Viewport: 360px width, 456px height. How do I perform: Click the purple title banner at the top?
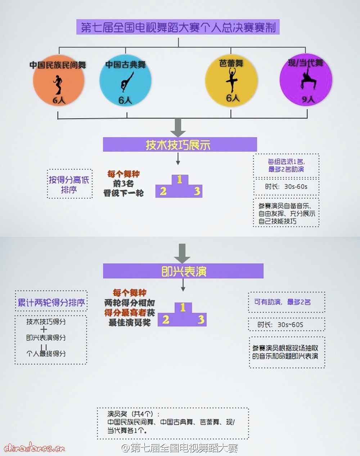(178, 27)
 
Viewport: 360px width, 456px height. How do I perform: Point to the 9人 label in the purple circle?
(308, 99)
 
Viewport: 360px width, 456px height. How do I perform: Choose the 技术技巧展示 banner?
(180, 144)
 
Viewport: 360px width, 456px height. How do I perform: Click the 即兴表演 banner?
(183, 271)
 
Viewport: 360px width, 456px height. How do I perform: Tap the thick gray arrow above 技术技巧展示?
(178, 127)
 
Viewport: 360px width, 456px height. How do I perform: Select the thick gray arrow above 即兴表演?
(182, 253)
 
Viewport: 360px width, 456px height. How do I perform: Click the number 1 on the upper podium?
(179, 179)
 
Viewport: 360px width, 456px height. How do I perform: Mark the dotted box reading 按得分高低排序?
(69, 184)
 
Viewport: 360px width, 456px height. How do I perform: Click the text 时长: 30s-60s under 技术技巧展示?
(286, 187)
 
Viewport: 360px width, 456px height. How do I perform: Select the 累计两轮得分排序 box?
(51, 302)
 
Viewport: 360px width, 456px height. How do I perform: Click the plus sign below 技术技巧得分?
(44, 329)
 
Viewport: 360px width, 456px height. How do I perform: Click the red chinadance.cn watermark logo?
(35, 447)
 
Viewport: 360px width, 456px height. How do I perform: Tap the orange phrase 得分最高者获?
(130, 312)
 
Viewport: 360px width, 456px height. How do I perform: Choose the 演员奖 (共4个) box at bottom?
(172, 423)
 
